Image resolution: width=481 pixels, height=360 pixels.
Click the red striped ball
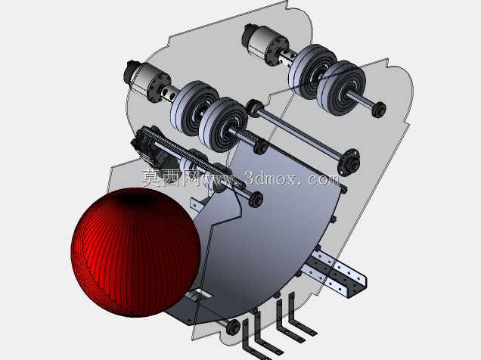tap(136, 252)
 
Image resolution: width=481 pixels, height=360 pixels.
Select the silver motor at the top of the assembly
tap(265, 44)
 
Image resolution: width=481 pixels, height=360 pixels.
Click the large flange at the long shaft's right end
tap(349, 162)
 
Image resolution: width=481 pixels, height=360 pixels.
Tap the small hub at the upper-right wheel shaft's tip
tap(379, 109)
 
